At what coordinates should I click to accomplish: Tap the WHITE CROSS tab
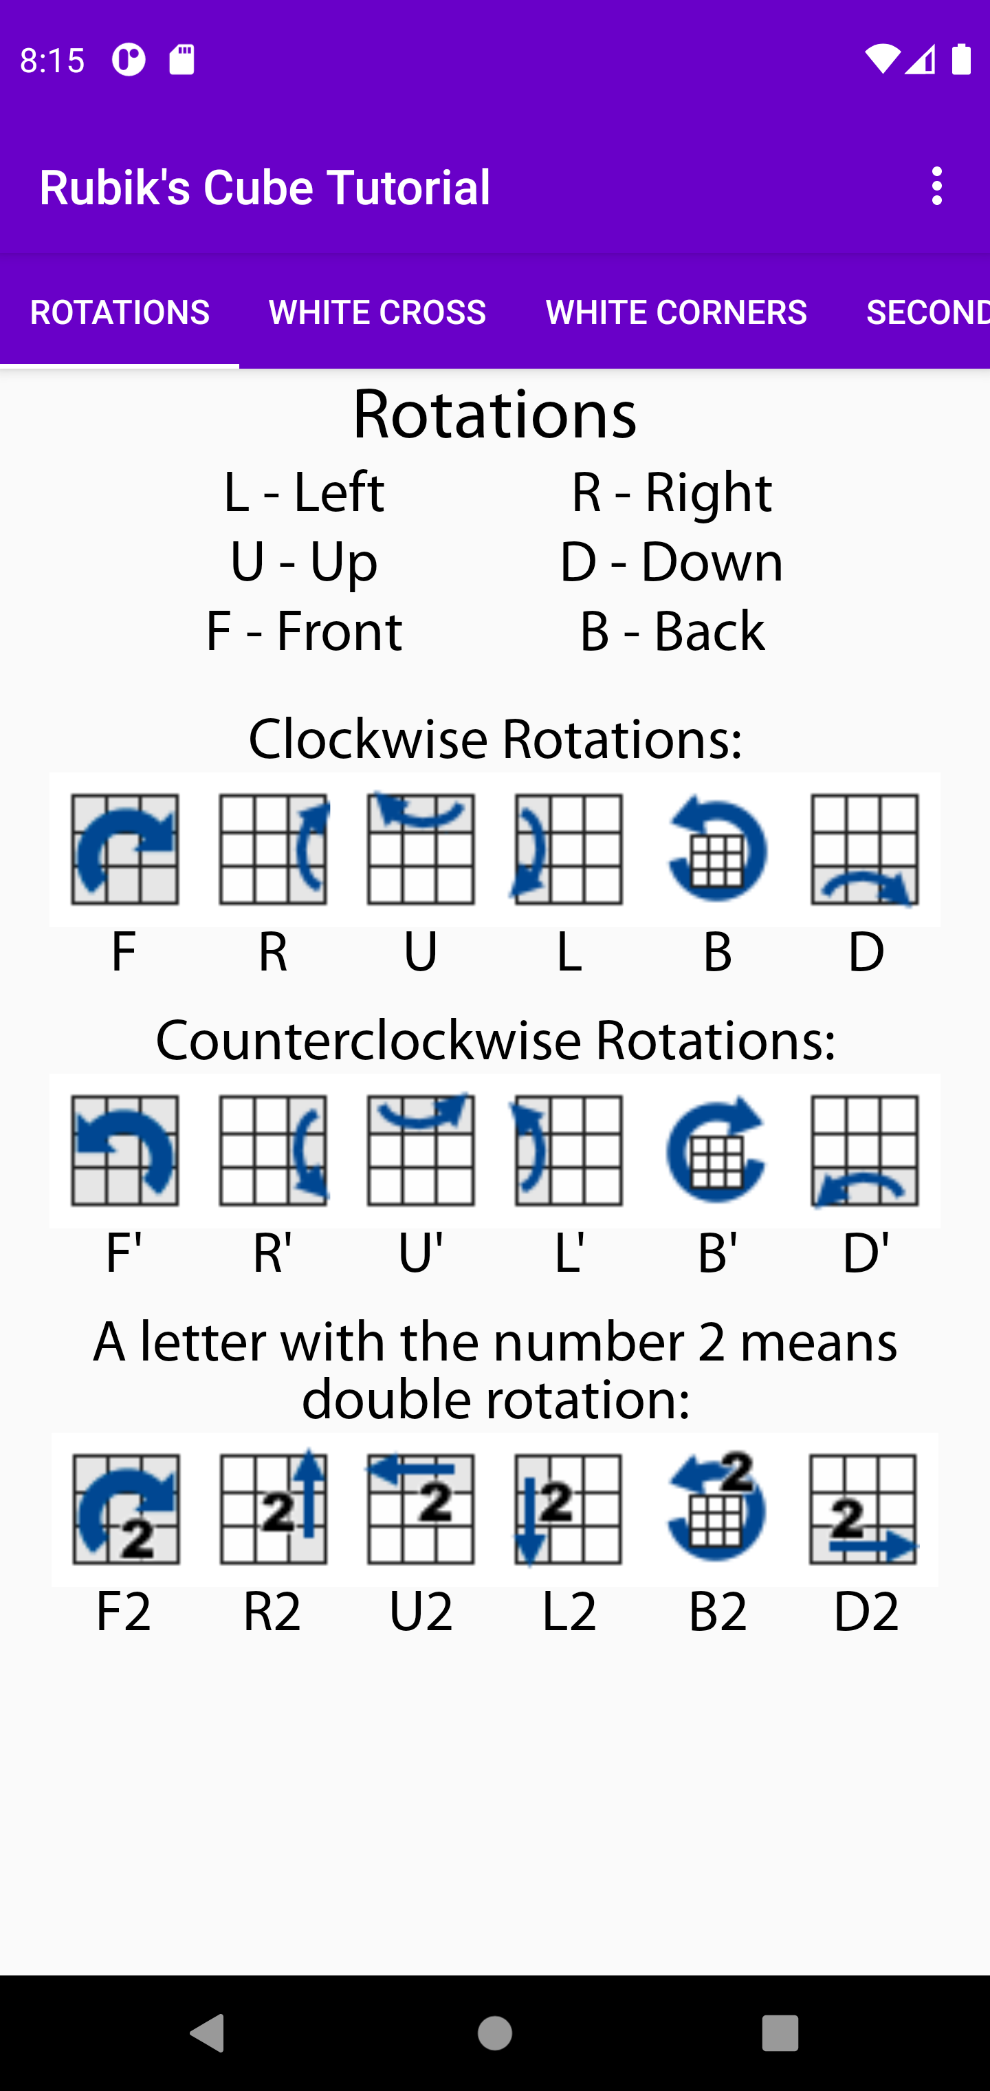coord(377,312)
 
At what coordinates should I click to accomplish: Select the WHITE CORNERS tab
coord(676,312)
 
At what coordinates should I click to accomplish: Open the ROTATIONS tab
coord(120,312)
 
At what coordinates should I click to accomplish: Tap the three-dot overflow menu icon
coord(937,186)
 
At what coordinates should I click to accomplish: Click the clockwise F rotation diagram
coord(125,849)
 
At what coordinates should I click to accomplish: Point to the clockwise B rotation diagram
coord(716,849)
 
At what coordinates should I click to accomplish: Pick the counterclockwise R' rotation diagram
coord(274,1150)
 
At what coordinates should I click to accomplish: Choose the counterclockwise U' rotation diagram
coord(421,1150)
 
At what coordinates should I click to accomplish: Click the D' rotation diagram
coord(865,1151)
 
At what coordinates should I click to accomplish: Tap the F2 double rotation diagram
coord(126,1509)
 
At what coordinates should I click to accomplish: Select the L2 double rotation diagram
coord(568,1509)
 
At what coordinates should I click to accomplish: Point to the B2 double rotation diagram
coord(716,1506)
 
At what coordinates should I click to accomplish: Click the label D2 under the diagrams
coord(866,1612)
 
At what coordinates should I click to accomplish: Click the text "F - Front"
coord(303,631)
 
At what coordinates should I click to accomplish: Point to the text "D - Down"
coord(671,562)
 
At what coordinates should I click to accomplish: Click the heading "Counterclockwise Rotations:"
coord(495,1041)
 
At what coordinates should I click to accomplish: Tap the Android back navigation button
coord(208,2033)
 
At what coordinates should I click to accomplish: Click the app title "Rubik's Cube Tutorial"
coord(265,188)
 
